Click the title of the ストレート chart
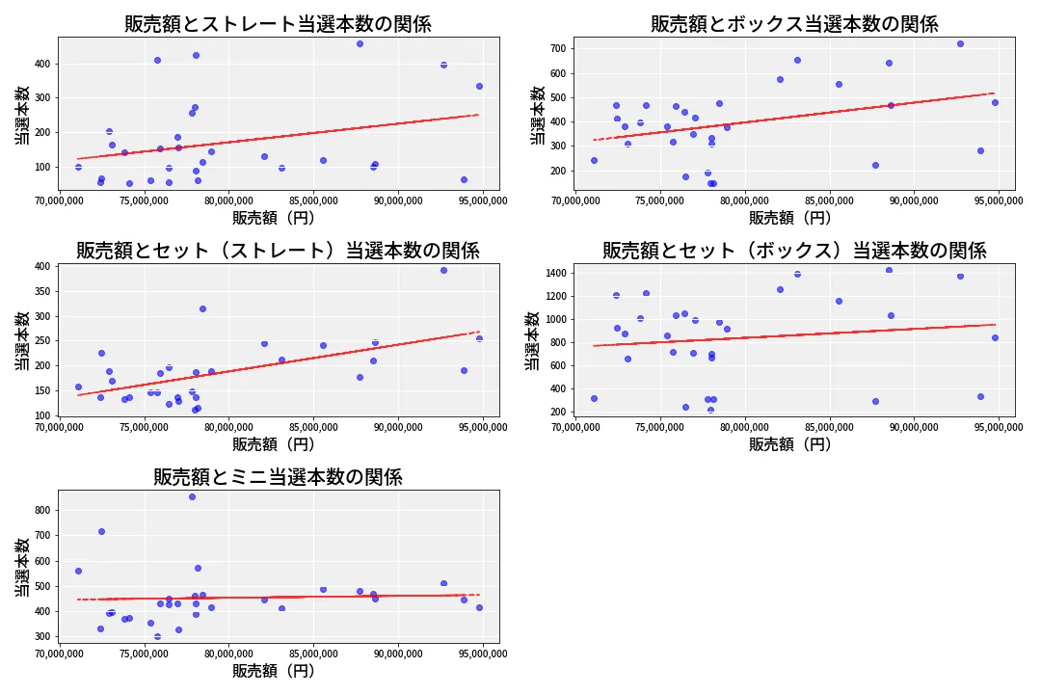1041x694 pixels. click(x=278, y=24)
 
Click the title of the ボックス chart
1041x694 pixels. click(x=794, y=24)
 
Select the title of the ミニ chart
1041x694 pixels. click(x=278, y=477)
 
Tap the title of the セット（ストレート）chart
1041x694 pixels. click(x=278, y=251)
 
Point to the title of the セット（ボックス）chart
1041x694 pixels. click(x=794, y=251)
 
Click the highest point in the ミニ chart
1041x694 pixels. click(x=192, y=496)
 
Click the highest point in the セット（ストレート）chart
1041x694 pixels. click(x=443, y=270)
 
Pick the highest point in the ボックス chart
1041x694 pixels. click(x=960, y=43)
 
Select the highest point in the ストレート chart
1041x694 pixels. click(x=360, y=43)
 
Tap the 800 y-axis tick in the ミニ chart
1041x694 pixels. click(x=42, y=510)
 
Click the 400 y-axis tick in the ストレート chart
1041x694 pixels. click(x=42, y=64)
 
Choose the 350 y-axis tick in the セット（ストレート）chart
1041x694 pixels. click(x=42, y=291)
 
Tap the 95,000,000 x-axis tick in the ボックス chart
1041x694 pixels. click(x=999, y=201)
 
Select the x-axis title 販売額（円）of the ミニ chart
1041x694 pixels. click(x=278, y=671)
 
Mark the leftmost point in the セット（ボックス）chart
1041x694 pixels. click(x=594, y=398)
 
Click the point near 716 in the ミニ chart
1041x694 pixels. click(x=101, y=531)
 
